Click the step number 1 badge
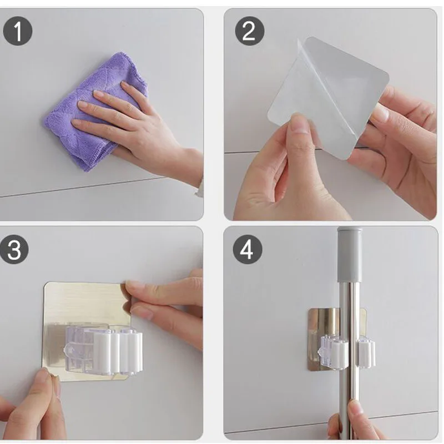point(18,31)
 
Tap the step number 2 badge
point(249,31)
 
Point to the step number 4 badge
point(247,249)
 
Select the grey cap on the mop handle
point(350,254)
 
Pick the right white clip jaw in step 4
point(366,353)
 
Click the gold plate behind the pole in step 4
point(326,326)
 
